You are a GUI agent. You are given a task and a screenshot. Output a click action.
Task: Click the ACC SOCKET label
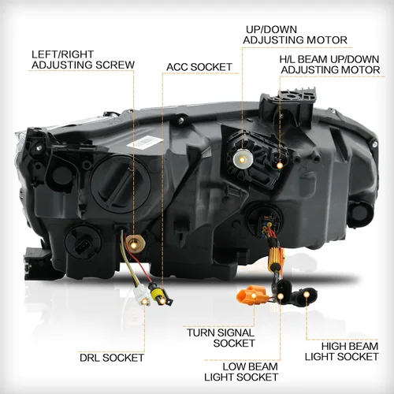[199, 67]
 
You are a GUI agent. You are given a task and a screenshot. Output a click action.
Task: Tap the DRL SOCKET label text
[112, 358]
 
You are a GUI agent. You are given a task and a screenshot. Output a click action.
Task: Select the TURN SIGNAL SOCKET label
[221, 338]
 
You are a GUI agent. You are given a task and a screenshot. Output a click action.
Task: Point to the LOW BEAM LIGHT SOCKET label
[241, 372]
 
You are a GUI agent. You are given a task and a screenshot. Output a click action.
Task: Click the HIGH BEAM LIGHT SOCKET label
[341, 351]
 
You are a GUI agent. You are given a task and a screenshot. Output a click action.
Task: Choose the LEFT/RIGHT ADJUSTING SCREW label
[83, 60]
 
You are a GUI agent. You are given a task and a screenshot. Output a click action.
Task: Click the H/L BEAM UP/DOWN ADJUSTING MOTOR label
[329, 65]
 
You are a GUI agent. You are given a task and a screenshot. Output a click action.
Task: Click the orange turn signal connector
[251, 296]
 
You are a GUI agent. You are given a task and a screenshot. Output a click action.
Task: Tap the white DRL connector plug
[143, 296]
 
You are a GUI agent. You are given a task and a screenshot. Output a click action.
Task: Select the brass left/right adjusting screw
[135, 243]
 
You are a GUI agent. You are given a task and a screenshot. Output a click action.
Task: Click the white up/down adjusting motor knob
[243, 158]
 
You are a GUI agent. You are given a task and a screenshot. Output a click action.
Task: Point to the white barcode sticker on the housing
[145, 142]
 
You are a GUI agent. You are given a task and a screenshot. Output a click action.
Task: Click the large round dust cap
[121, 184]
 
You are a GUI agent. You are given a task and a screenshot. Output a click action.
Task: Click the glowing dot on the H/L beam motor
[280, 165]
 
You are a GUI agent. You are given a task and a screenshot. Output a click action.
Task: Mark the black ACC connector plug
[160, 296]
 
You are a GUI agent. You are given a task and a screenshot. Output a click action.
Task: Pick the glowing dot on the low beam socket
[281, 296]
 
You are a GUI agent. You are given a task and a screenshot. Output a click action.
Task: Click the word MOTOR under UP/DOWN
[327, 40]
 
